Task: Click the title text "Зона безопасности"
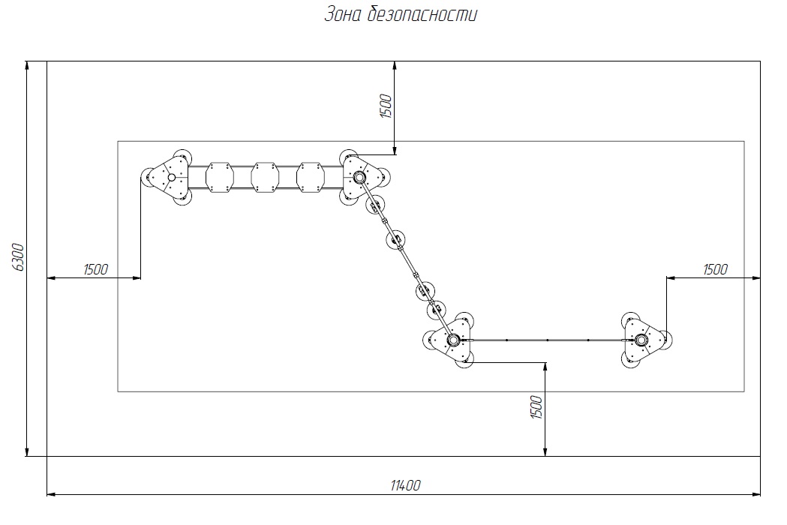tap(401, 14)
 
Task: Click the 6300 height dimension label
tap(17, 257)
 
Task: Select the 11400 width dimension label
tap(406, 485)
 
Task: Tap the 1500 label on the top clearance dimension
tap(386, 106)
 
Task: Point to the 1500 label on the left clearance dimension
tap(95, 269)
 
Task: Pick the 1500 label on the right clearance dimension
tap(715, 269)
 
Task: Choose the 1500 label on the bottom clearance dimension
tap(536, 407)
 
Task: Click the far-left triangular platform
tap(170, 177)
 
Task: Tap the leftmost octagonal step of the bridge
tap(220, 177)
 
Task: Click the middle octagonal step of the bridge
tap(265, 177)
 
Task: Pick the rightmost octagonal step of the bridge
tap(311, 177)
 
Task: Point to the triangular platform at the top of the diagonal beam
tap(362, 177)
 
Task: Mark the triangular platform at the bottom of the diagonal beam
tap(450, 340)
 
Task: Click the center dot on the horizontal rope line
tap(547, 340)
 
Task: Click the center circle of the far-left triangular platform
tap(171, 177)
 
